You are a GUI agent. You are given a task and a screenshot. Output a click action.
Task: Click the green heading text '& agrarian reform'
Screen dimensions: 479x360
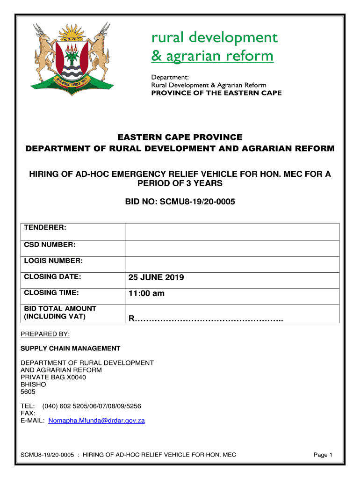click(x=212, y=57)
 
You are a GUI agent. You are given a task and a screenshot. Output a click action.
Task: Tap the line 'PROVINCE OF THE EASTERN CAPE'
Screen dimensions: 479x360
click(x=216, y=93)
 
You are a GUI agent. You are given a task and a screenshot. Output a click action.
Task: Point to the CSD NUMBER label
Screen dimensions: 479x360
click(x=50, y=245)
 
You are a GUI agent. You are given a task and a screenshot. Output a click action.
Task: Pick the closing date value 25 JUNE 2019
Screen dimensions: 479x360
click(x=156, y=277)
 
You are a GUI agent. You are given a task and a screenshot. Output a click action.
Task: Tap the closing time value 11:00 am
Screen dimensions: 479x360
click(x=146, y=294)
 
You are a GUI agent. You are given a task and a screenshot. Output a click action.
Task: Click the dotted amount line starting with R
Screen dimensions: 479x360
click(x=206, y=319)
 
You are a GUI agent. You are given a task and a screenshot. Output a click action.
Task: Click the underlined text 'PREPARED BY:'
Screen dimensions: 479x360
click(x=45, y=334)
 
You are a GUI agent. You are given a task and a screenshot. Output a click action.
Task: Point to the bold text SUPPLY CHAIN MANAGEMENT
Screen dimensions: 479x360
click(x=70, y=348)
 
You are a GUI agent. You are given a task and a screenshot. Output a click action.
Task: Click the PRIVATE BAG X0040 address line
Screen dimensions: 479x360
click(x=53, y=377)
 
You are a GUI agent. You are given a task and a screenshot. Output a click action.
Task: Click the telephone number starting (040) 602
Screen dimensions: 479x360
click(x=92, y=406)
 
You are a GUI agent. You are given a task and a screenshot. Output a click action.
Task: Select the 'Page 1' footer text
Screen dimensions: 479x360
click(x=323, y=455)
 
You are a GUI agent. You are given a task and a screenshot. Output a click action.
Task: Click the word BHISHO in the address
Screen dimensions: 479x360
click(x=34, y=385)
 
